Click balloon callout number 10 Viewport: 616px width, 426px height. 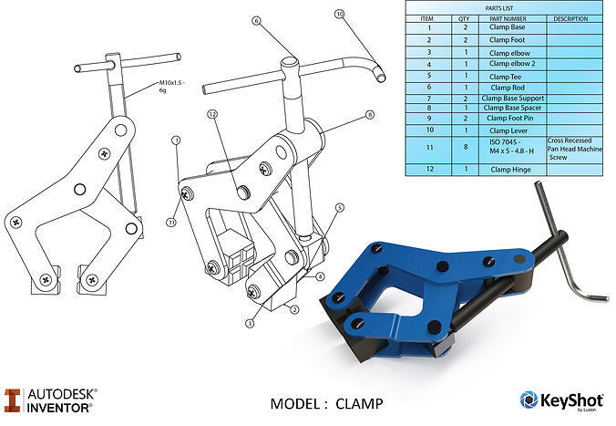point(340,15)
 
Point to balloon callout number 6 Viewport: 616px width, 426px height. point(256,20)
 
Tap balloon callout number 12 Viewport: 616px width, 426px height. point(211,115)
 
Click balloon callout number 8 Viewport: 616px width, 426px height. point(370,115)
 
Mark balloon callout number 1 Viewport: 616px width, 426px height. point(175,140)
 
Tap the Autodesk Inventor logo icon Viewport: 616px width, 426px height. point(12,400)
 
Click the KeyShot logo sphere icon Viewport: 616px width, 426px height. point(529,400)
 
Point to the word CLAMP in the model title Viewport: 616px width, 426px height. point(359,403)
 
